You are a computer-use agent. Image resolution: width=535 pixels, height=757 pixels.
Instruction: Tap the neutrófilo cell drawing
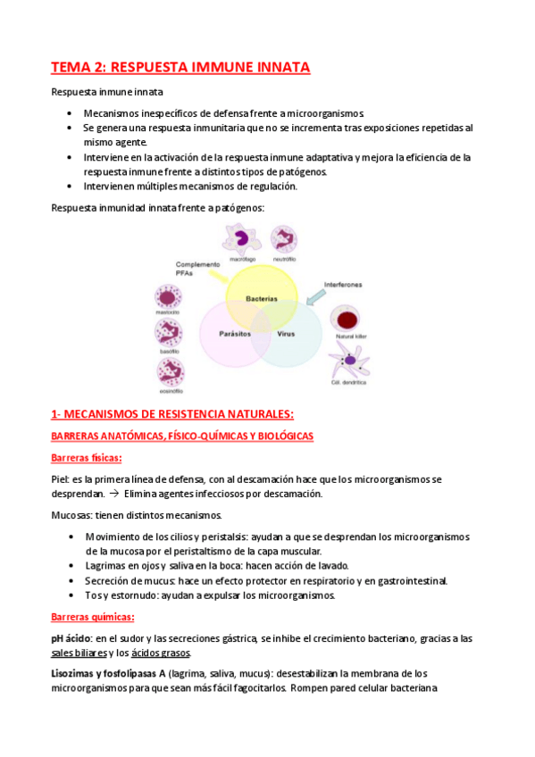pos(284,238)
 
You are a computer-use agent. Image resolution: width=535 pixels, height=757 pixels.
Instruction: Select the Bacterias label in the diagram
pos(262,297)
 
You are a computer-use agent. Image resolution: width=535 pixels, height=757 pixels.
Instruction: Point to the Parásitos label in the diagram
pos(233,333)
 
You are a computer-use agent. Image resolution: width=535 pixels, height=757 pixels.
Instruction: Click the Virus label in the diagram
pos(287,333)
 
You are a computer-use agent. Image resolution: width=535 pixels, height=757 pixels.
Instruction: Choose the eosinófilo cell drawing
pos(170,372)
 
